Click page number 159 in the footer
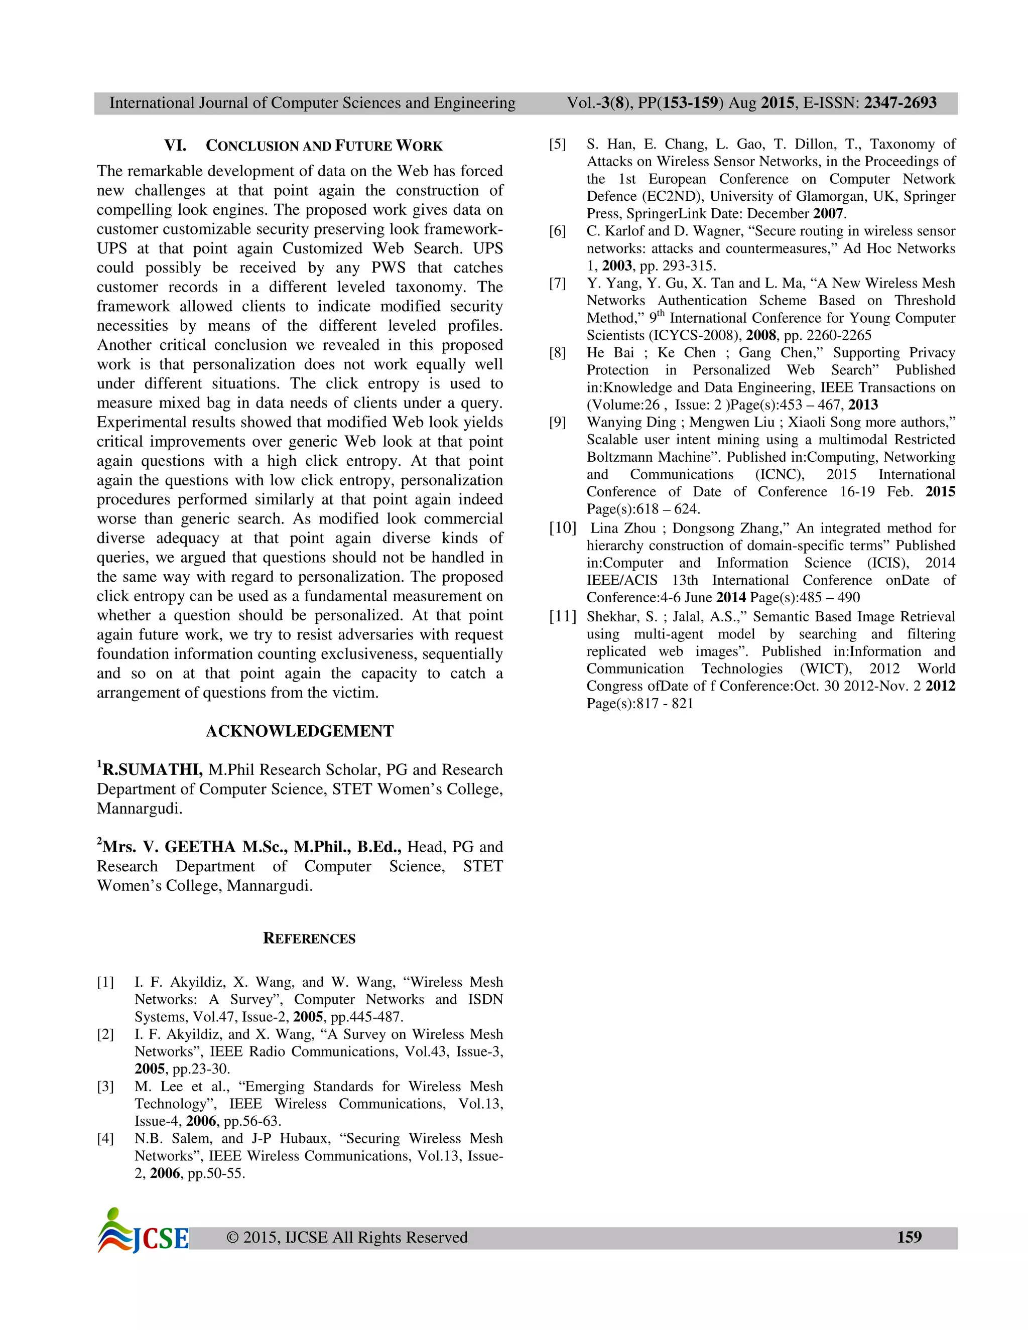(909, 1237)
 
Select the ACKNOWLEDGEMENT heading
(300, 731)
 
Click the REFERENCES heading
(309, 939)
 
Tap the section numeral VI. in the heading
(175, 146)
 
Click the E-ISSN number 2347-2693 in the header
(900, 103)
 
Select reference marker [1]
(105, 982)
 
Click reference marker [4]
(105, 1139)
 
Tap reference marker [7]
(557, 283)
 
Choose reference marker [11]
(562, 616)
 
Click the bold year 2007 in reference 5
(828, 214)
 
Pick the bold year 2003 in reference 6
(617, 266)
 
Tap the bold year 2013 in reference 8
(863, 405)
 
